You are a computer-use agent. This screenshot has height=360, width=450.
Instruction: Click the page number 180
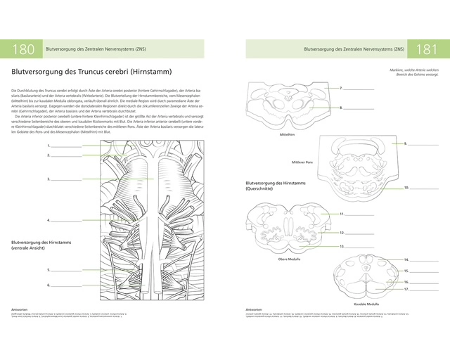pos(23,49)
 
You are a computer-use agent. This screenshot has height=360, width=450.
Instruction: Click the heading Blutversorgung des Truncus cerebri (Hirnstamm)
pos(91,72)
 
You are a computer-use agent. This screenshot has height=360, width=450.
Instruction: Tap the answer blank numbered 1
pos(66,146)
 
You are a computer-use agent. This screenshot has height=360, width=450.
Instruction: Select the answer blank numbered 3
pos(66,179)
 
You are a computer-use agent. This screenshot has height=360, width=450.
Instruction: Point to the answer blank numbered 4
pos(66,220)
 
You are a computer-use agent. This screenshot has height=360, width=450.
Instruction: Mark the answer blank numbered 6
pos(66,285)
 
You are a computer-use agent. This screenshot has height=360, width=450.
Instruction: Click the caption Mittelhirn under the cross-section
pos(287,133)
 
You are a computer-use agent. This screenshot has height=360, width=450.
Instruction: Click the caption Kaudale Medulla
pos(366,304)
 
